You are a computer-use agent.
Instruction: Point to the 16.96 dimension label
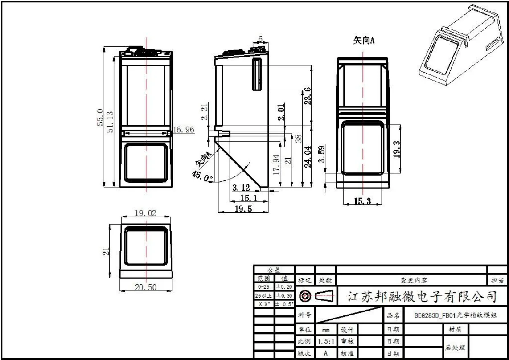[x=184, y=130]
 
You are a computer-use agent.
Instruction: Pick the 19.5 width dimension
[x=243, y=209]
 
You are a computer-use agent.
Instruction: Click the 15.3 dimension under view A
[x=362, y=201]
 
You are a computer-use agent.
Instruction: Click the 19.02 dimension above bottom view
[x=145, y=214]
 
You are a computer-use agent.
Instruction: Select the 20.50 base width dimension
[x=146, y=288]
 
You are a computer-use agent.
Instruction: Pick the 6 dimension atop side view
[x=261, y=39]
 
